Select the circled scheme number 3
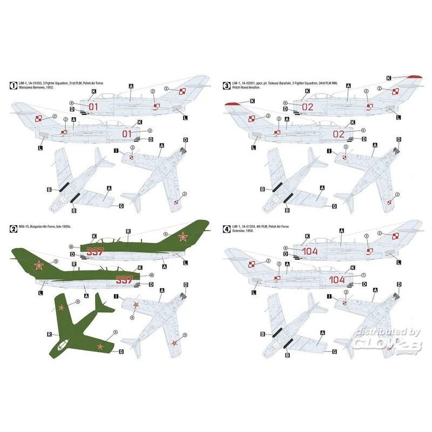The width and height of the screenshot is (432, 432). coord(227,85)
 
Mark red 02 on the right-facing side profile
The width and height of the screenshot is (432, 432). coord(339,133)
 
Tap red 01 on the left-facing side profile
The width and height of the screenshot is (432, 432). coord(94,107)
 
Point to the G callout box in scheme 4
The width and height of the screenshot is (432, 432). coord(334,352)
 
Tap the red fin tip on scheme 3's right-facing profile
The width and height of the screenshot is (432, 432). coord(231,103)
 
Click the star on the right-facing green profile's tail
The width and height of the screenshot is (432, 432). coord(39,265)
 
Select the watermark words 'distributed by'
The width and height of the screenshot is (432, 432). coord(387,332)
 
